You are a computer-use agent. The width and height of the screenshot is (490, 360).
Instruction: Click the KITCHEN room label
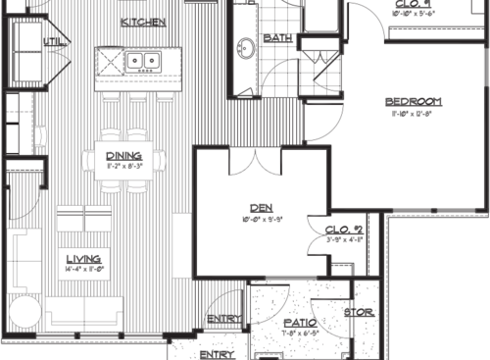[x=143, y=22]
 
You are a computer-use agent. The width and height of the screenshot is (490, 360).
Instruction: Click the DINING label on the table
[x=123, y=155]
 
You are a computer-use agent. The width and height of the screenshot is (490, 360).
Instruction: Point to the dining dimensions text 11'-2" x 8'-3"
[x=123, y=166]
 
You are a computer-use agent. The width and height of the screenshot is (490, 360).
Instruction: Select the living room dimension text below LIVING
[x=70, y=268]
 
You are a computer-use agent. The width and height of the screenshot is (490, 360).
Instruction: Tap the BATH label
[x=279, y=38]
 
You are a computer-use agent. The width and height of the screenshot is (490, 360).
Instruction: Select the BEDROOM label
[x=413, y=101]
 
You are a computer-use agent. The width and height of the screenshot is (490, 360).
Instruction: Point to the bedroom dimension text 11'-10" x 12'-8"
[x=413, y=114]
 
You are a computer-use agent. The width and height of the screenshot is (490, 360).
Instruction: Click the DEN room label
[x=260, y=207]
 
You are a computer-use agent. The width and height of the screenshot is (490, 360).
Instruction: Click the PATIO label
[x=298, y=322]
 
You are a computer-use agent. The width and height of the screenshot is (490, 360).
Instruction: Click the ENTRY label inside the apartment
[x=225, y=318]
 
